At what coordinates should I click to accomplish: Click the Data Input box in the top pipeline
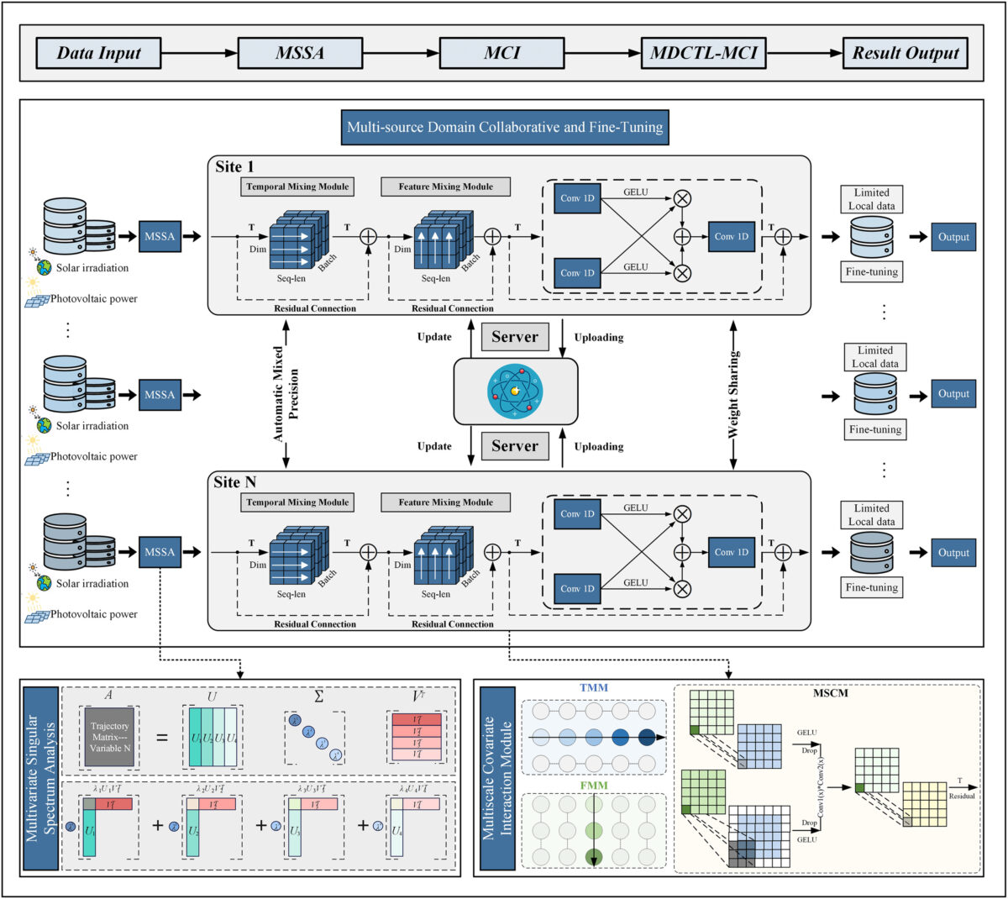(x=98, y=54)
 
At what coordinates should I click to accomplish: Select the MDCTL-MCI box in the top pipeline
(x=703, y=54)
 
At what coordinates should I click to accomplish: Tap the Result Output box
(x=905, y=54)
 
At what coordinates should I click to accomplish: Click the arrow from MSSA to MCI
(x=401, y=54)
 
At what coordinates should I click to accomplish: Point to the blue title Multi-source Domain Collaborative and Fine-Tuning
(x=505, y=128)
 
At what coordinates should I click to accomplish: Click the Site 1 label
(x=235, y=166)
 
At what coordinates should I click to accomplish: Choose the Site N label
(x=235, y=482)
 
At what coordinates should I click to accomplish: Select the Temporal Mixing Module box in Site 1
(x=297, y=187)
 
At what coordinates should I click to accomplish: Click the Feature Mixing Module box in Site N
(x=446, y=502)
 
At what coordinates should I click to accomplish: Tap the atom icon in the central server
(x=515, y=391)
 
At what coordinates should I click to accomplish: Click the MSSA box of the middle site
(x=160, y=395)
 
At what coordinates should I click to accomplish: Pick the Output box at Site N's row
(x=953, y=553)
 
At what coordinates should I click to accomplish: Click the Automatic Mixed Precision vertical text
(x=286, y=393)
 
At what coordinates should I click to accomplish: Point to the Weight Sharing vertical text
(x=734, y=393)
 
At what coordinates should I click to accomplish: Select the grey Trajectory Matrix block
(x=109, y=737)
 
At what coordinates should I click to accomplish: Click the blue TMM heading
(x=594, y=687)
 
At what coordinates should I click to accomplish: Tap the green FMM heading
(x=594, y=786)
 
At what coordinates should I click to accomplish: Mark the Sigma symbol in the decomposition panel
(x=318, y=697)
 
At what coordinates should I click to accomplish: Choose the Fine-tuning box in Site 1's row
(x=871, y=271)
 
